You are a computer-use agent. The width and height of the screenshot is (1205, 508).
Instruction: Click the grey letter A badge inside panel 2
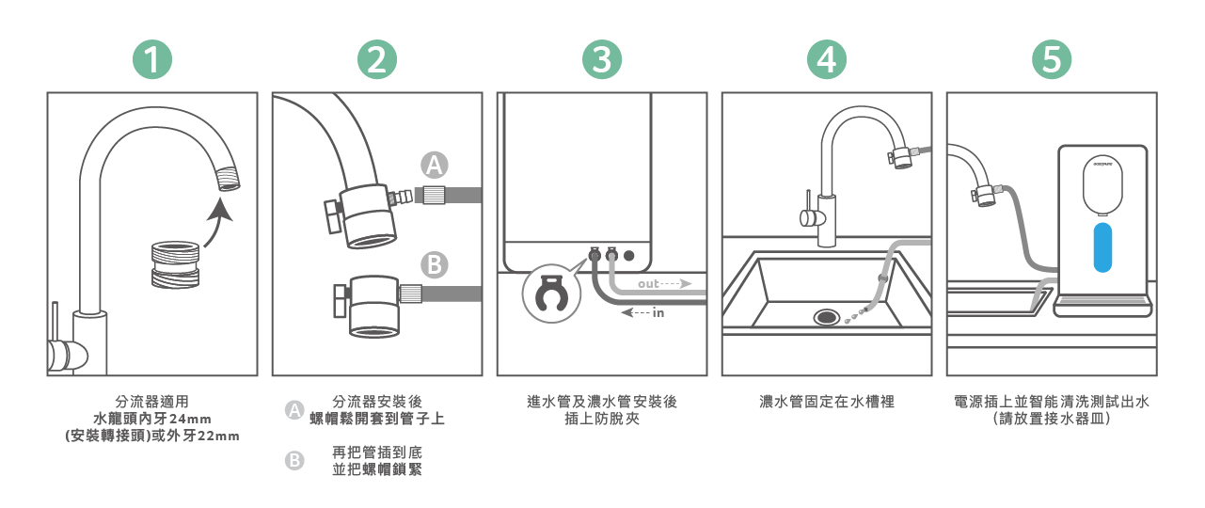(x=434, y=165)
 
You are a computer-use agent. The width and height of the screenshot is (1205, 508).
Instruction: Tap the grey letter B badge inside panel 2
(x=434, y=264)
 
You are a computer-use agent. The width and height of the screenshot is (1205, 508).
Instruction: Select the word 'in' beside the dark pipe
(x=658, y=313)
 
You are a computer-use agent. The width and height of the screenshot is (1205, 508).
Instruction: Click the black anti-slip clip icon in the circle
(x=547, y=295)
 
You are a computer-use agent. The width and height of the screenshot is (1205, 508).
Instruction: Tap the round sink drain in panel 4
(x=828, y=316)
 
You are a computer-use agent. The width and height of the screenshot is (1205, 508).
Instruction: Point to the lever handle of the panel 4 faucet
(x=807, y=215)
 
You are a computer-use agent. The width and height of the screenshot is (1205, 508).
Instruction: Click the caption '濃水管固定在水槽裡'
(x=827, y=403)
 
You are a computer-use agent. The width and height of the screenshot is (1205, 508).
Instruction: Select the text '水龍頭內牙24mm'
(x=151, y=419)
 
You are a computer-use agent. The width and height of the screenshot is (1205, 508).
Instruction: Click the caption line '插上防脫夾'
(x=602, y=420)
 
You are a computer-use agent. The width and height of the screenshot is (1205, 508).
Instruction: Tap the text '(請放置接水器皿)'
(x=1052, y=420)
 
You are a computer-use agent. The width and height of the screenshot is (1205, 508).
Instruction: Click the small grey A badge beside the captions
(x=294, y=410)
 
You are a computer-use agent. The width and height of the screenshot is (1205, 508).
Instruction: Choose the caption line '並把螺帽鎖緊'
(x=377, y=469)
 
